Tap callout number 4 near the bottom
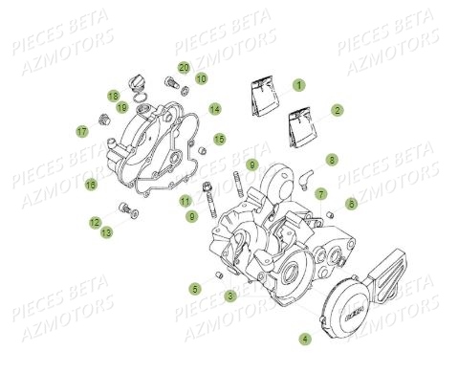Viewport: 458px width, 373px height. click(x=305, y=339)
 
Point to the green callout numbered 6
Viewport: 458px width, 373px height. click(x=351, y=204)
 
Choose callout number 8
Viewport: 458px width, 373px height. click(x=332, y=159)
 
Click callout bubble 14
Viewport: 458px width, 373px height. click(x=215, y=109)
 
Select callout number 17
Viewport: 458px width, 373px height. click(x=81, y=130)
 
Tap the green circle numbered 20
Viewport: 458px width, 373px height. click(x=184, y=67)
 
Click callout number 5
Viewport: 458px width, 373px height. click(x=195, y=288)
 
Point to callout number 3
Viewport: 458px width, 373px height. click(x=230, y=296)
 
